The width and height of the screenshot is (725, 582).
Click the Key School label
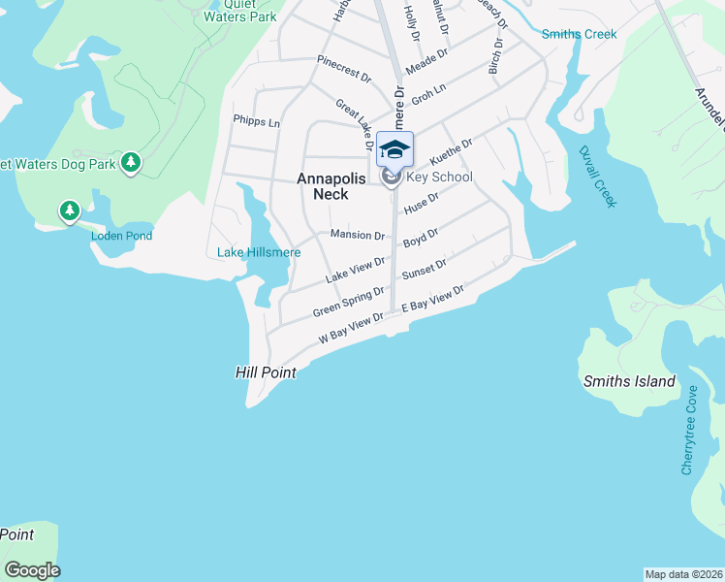(439, 177)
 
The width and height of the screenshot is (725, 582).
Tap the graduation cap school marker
(394, 149)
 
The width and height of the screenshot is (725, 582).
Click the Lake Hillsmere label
(258, 253)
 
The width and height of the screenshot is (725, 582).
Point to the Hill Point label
(265, 372)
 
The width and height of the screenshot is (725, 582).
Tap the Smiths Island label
(629, 381)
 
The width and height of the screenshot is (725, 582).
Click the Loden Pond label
(121, 236)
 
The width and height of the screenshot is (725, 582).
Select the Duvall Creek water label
(597, 176)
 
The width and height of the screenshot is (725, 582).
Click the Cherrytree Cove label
(689, 430)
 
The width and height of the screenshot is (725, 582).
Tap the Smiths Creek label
(579, 34)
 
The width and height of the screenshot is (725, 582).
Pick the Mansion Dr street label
(357, 235)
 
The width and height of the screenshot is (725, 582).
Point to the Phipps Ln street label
(256, 122)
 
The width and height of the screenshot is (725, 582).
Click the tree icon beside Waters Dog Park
(131, 163)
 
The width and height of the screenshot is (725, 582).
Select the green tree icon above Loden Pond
(69, 210)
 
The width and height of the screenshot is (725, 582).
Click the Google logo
(32, 570)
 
